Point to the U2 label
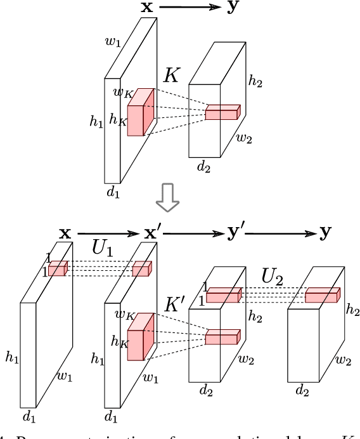click(x=273, y=277)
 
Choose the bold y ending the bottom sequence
click(x=325, y=233)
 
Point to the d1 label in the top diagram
click(x=113, y=193)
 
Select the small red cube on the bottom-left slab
click(x=56, y=269)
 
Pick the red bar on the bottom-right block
click(x=323, y=296)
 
